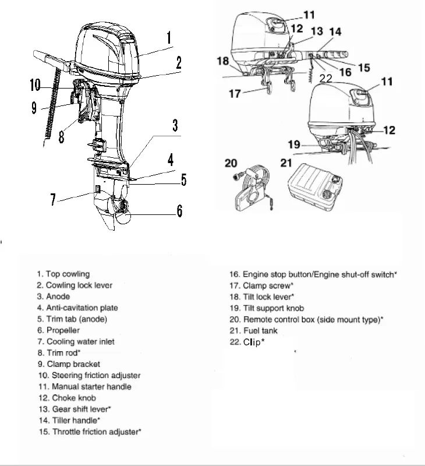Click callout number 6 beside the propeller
click(179, 210)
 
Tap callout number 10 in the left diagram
click(35, 86)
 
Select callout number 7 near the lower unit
click(54, 200)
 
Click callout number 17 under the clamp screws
click(235, 93)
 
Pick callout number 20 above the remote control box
click(232, 164)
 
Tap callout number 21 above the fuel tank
click(286, 163)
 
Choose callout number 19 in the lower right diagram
click(295, 143)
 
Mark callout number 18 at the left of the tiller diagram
click(222, 61)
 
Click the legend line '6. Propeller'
click(58, 330)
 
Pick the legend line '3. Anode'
click(53, 296)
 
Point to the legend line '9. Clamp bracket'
click(66, 364)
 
